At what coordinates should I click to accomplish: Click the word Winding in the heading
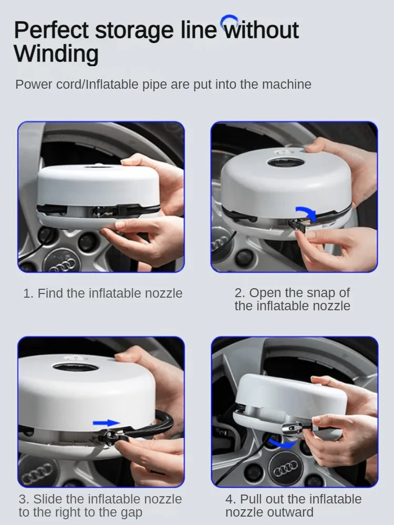tap(56, 54)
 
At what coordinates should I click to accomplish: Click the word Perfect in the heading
tap(51, 30)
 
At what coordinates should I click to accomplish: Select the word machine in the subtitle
tap(286, 85)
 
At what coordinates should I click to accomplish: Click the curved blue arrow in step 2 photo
tap(307, 212)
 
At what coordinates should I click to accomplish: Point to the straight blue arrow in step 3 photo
tap(106, 423)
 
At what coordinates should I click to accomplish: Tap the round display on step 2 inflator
tap(286, 163)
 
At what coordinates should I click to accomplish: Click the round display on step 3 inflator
tap(75, 367)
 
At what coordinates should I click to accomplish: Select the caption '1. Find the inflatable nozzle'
tap(103, 293)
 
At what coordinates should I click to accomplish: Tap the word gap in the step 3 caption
tap(131, 512)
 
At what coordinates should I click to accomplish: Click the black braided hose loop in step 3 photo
tap(158, 424)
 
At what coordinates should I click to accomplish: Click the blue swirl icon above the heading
tap(229, 20)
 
